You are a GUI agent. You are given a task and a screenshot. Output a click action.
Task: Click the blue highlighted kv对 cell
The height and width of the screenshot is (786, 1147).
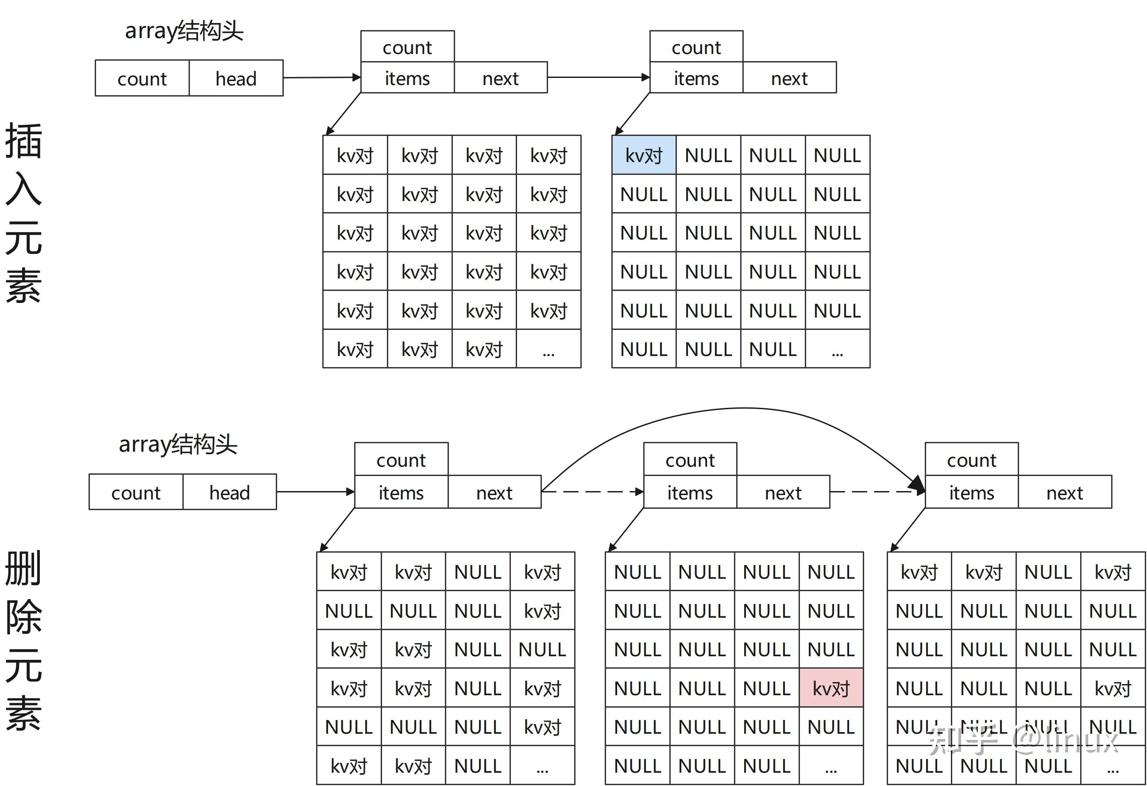point(644,155)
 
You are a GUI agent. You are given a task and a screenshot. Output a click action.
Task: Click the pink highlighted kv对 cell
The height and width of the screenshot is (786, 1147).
point(831,688)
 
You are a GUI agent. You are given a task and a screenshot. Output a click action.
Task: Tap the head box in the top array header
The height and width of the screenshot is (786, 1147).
point(236,78)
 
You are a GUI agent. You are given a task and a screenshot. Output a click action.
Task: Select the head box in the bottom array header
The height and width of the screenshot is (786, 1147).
point(229,492)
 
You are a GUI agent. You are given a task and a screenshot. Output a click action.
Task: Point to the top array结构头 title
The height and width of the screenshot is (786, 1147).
point(184,31)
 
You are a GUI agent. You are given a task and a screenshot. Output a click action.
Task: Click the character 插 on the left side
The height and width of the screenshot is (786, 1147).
point(23,141)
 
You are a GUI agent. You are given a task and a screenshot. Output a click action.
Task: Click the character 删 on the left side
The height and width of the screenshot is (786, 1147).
point(23,568)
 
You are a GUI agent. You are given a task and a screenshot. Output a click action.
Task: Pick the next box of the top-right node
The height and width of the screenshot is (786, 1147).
point(789,78)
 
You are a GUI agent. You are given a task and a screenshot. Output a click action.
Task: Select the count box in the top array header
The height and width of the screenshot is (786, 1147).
point(142,78)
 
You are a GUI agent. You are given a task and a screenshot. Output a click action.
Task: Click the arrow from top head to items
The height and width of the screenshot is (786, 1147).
point(321,77)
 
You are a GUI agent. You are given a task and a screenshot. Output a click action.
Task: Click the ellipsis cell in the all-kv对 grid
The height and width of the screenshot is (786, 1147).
point(548,349)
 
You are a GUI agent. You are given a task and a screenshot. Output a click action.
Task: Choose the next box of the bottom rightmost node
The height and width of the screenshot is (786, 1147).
point(1065,492)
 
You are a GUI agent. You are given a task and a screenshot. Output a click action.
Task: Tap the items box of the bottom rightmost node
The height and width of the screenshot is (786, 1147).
point(971,492)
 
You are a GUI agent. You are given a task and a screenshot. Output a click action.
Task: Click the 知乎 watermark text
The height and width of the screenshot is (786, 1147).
point(962,740)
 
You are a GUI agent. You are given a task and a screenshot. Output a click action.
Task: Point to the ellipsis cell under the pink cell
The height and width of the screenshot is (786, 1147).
point(831,766)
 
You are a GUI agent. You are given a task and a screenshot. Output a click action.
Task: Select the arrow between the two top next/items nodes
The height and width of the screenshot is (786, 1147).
point(598,77)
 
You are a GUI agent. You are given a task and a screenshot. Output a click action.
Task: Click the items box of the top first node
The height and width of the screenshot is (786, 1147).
point(407,78)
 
